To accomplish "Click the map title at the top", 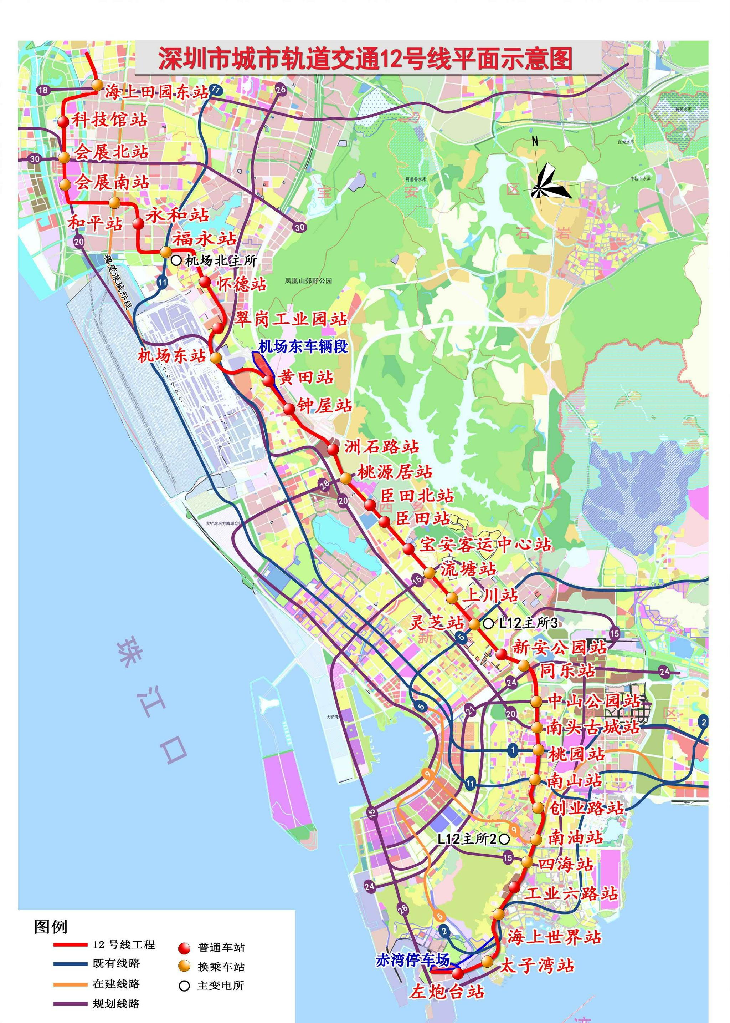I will coord(365,59).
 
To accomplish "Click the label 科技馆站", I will coord(110,120).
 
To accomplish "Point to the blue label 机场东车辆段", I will coord(303,347).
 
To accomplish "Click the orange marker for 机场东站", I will coord(216,358).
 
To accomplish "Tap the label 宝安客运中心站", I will coord(485,545).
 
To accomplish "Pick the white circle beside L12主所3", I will coord(489,623).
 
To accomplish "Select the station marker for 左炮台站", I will coord(458,973).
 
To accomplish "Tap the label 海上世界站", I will coord(554,937).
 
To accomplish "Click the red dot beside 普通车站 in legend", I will coord(184,948).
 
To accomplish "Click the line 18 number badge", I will coord(43,90).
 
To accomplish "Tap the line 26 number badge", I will coord(281,90).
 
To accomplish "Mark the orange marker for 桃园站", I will coord(539,749).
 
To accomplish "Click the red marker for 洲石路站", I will coord(333,449).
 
